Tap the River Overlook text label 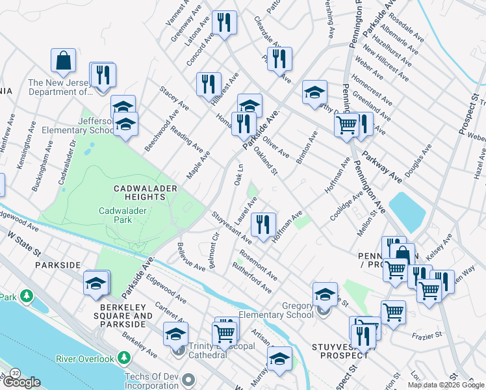[84, 358]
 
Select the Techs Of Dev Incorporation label [143, 382]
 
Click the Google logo [21, 382]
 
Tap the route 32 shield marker [14, 373]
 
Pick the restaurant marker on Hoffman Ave [263, 225]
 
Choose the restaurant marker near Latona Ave [224, 23]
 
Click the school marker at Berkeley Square [95, 283]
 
